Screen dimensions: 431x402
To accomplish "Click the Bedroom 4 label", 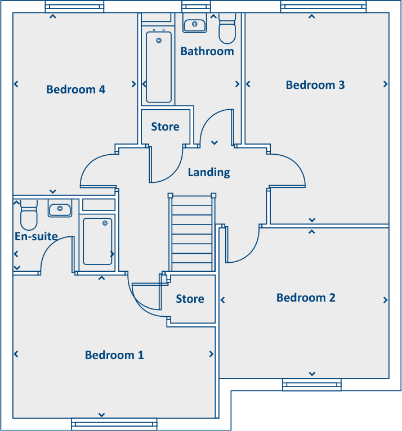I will [75, 89].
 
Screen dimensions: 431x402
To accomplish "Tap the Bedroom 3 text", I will [315, 85].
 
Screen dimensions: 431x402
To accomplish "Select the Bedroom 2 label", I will [306, 298].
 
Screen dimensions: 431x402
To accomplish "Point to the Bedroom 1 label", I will [114, 355].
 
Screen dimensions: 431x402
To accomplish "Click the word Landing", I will [209, 172].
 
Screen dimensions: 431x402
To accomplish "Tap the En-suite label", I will [36, 236].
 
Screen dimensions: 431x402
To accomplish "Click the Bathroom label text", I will [207, 51].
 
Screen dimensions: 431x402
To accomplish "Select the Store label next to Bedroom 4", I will [165, 127].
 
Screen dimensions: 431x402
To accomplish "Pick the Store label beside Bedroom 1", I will [190, 299].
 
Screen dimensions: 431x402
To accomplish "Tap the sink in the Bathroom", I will [195, 25].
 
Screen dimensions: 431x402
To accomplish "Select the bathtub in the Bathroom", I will [159, 66].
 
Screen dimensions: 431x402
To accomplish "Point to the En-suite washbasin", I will [60, 210].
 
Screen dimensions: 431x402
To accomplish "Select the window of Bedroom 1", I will [114, 424].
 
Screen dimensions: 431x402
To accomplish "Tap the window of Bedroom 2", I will [311, 385].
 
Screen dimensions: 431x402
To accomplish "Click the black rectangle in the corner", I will [316, 411].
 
